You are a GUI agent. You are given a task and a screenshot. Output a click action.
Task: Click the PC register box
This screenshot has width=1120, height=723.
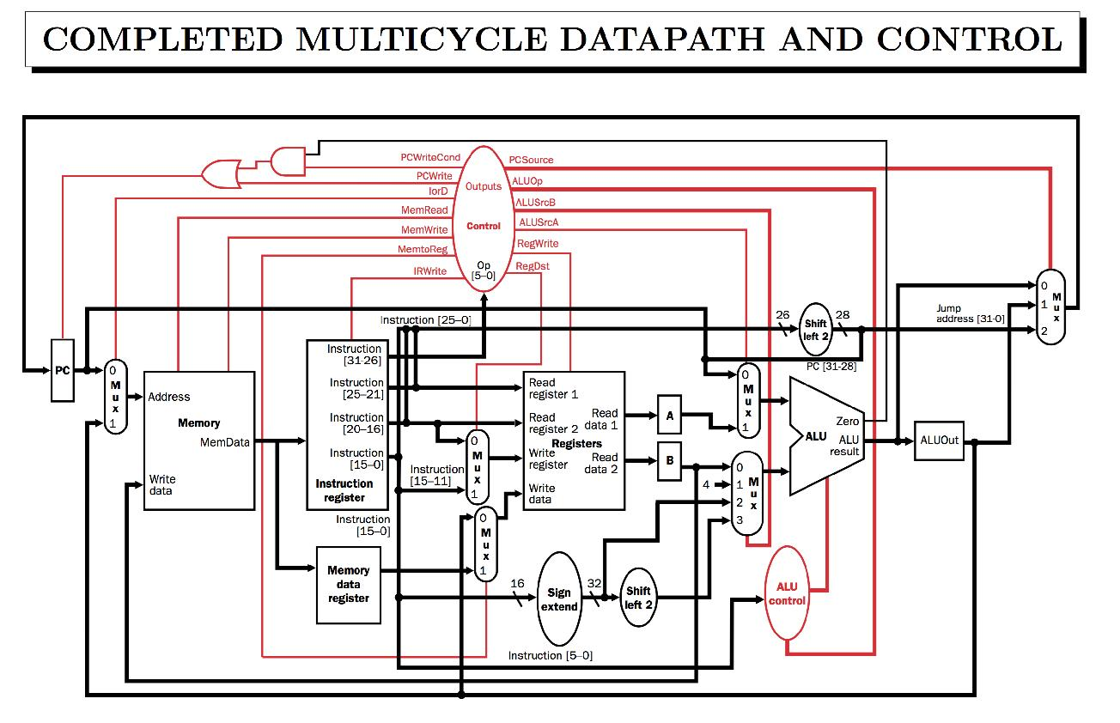(x=63, y=370)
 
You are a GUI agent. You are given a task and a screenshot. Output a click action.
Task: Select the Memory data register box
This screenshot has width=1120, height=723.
(x=348, y=584)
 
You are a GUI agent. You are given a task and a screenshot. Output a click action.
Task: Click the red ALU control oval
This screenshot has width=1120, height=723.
(x=787, y=593)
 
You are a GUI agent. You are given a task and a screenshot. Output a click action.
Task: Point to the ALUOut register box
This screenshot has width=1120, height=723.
(x=939, y=440)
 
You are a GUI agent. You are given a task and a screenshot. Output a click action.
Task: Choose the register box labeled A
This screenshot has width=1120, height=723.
(x=670, y=416)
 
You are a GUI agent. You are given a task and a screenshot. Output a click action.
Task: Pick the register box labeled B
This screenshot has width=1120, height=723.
(x=670, y=460)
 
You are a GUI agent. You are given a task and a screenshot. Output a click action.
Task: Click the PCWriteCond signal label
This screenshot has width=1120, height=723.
(x=430, y=158)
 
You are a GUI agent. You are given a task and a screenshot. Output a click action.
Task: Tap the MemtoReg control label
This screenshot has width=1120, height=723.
(x=422, y=249)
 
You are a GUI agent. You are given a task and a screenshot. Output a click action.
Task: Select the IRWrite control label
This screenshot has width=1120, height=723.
(x=429, y=271)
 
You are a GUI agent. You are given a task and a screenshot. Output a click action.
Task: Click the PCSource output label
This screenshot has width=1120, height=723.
(x=532, y=160)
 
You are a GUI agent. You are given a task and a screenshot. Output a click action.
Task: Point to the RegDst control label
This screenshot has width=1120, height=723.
(x=533, y=266)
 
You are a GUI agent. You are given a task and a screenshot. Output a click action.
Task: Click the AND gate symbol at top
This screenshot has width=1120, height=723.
(x=283, y=159)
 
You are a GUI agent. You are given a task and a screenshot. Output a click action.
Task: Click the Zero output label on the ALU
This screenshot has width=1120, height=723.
(x=847, y=422)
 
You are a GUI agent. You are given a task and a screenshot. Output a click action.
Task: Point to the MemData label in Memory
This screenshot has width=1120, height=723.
(x=225, y=442)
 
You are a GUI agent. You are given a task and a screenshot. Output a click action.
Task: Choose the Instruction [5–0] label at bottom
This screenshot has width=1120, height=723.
(x=550, y=655)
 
